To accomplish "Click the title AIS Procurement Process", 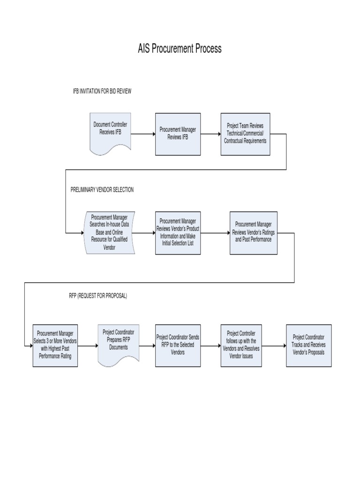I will [180, 49].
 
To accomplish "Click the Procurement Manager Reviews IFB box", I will [178, 134].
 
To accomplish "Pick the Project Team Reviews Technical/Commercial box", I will [245, 134].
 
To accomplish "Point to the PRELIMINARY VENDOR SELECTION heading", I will [102, 189].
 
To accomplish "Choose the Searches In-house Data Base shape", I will [109, 232].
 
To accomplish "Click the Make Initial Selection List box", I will [178, 232].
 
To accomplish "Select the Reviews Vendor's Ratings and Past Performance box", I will [253, 232].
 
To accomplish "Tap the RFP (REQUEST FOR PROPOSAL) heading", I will [97, 296].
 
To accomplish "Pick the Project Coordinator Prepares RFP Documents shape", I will [119, 345].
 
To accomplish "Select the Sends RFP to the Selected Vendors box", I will [178, 345].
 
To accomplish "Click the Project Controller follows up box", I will [241, 345].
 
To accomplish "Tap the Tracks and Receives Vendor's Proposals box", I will [308, 345].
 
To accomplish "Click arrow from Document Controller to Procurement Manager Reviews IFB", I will [143, 134].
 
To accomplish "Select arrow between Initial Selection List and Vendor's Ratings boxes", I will [215, 232].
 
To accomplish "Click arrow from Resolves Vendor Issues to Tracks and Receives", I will [274, 346].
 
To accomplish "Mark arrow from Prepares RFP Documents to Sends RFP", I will [147, 346].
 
